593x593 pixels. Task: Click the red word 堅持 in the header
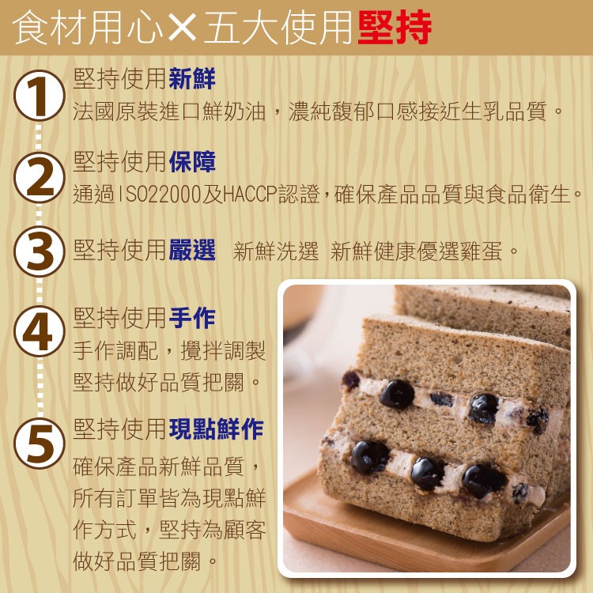pyautogui.click(x=395, y=27)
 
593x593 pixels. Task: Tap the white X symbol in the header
pyautogui.click(x=183, y=27)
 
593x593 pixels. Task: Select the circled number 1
pyautogui.click(x=40, y=96)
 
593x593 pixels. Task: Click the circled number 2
pyautogui.click(x=40, y=177)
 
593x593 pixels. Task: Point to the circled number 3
pyautogui.click(x=40, y=251)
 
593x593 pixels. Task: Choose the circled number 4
pyautogui.click(x=40, y=331)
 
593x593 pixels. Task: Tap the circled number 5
pyautogui.click(x=40, y=444)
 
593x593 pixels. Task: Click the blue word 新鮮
pyautogui.click(x=192, y=78)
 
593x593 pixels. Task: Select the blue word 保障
pyautogui.click(x=192, y=162)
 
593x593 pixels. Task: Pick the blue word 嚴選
pyautogui.click(x=192, y=250)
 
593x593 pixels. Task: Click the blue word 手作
pyautogui.click(x=192, y=318)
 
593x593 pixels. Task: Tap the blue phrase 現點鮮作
pyautogui.click(x=216, y=429)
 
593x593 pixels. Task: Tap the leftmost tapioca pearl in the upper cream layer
pyautogui.click(x=397, y=395)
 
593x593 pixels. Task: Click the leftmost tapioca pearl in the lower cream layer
pyautogui.click(x=369, y=457)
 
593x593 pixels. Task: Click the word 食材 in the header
pyautogui.click(x=50, y=27)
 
